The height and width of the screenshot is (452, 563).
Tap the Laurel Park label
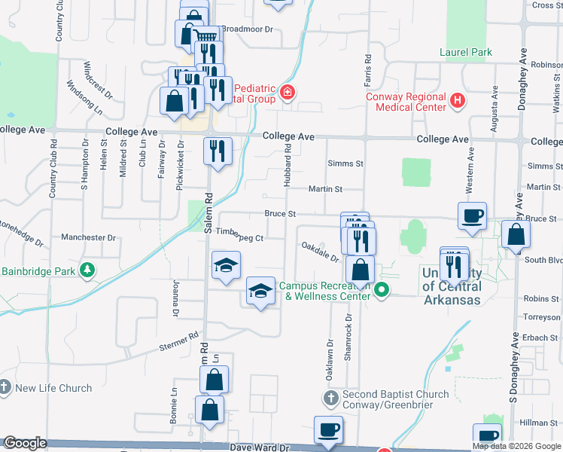(466, 52)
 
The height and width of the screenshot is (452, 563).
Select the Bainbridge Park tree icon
(88, 270)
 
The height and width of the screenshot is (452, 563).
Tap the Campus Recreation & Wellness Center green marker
(382, 289)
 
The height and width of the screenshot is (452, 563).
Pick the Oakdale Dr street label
(320, 251)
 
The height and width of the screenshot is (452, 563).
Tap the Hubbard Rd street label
(288, 167)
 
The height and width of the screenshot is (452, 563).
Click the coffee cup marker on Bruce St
(472, 216)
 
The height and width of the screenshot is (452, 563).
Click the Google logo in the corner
(25, 444)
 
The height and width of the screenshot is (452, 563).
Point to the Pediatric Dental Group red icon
(287, 93)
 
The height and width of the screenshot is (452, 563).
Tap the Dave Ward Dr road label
(260, 447)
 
